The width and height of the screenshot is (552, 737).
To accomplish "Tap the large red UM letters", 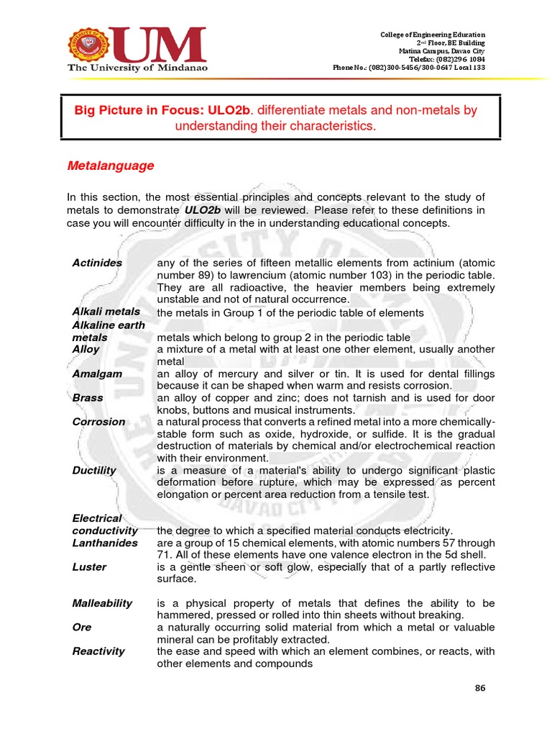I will pos(159,45).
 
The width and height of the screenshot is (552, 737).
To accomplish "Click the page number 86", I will pos(480,688).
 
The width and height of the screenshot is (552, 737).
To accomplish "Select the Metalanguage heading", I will pos(110,166).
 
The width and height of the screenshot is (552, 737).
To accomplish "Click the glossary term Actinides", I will pos(97,263).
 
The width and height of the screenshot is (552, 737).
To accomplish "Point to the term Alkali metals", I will pos(106,312).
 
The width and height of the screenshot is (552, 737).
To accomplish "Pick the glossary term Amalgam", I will pos(97,374).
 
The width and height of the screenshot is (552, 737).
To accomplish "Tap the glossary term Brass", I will pos(88,398).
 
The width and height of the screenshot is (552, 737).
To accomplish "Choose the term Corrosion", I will pos(98,422).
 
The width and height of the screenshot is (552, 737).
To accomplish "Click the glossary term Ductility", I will pos(94,471).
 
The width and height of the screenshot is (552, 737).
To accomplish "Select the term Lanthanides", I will pos(105,543).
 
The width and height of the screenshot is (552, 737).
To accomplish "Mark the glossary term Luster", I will pos(89,567).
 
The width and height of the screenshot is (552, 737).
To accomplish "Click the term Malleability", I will pos(102,603).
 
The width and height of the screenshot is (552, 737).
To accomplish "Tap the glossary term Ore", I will pos(82,628).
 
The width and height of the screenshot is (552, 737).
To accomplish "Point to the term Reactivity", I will pos(98,651).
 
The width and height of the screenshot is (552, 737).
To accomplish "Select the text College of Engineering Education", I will pos(432,35).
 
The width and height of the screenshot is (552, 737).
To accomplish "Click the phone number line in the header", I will pos(408,68).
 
